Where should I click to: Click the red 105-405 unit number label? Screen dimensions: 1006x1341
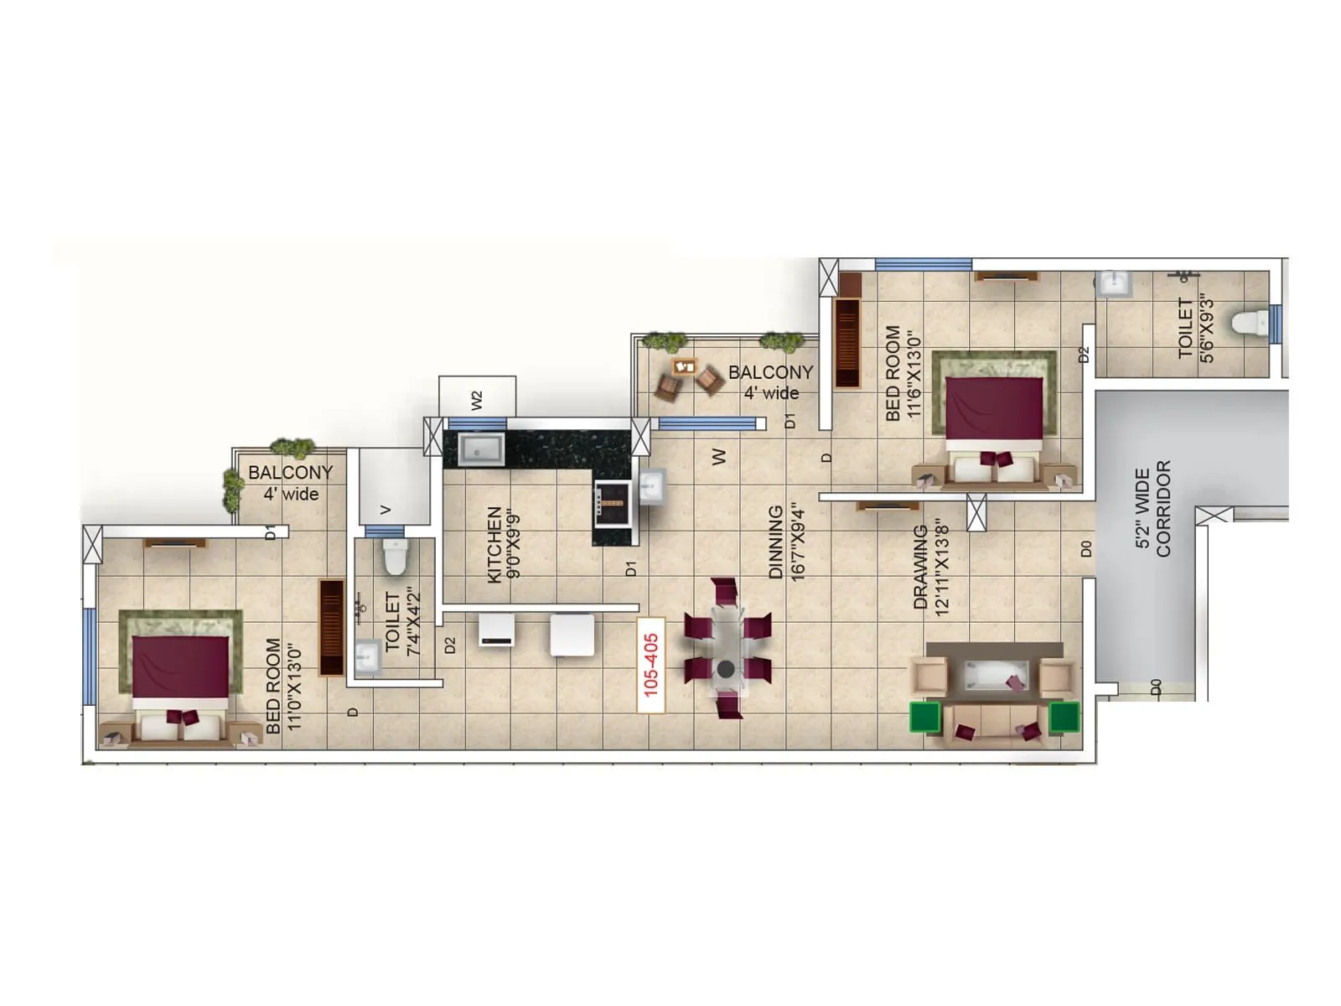pyautogui.click(x=651, y=665)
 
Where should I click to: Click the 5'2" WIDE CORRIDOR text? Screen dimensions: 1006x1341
pyautogui.click(x=1152, y=509)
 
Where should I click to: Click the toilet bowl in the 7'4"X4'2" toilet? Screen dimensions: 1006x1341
pyautogui.click(x=395, y=556)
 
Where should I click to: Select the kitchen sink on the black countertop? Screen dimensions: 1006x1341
pyautogui.click(x=481, y=449)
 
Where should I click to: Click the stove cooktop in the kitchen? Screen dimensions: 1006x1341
pyautogui.click(x=612, y=503)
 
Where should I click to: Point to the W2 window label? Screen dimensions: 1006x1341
pyautogui.click(x=477, y=400)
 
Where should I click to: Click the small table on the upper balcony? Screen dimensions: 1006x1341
pyautogui.click(x=685, y=366)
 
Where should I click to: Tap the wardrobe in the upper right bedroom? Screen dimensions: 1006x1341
pyautogui.click(x=847, y=342)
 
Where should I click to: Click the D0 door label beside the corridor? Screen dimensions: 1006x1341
pyautogui.click(x=1086, y=548)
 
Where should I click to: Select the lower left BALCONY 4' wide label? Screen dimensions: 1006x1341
pyautogui.click(x=291, y=483)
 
